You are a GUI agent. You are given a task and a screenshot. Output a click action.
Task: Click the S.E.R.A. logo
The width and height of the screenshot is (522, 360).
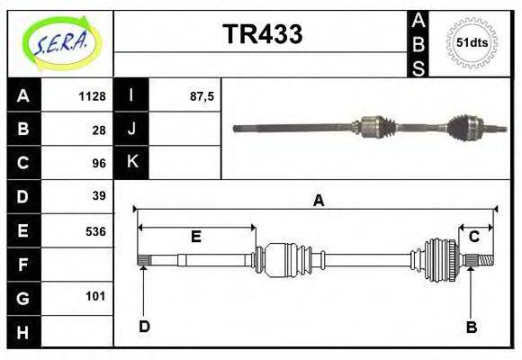61,42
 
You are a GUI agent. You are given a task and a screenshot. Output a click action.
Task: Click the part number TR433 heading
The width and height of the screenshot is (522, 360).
262,34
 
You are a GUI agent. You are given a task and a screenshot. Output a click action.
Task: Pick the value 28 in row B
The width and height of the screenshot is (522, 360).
99,130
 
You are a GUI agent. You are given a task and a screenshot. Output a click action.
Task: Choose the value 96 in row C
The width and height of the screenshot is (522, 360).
99,164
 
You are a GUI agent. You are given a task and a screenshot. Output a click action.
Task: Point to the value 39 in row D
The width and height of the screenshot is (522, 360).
99,196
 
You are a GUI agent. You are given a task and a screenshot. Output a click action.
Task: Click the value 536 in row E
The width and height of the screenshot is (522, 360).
95,230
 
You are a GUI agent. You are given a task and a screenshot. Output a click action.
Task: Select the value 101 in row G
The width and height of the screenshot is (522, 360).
95,295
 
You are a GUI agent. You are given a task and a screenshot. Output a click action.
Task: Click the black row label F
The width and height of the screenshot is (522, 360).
23,265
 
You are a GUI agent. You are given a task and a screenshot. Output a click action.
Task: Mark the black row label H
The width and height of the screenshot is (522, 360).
23,332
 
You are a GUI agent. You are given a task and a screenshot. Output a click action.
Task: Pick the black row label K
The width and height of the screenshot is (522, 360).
131,162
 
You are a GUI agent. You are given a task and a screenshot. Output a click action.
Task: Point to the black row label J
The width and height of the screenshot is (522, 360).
131,129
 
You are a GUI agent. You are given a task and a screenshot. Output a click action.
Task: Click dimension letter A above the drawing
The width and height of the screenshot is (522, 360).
317,201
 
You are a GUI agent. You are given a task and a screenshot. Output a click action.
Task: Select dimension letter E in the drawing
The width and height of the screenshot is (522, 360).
195,237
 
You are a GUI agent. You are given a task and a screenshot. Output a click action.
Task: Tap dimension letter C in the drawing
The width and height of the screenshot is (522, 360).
473,237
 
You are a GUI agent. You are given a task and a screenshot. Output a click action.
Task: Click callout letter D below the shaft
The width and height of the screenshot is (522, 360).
144,327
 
